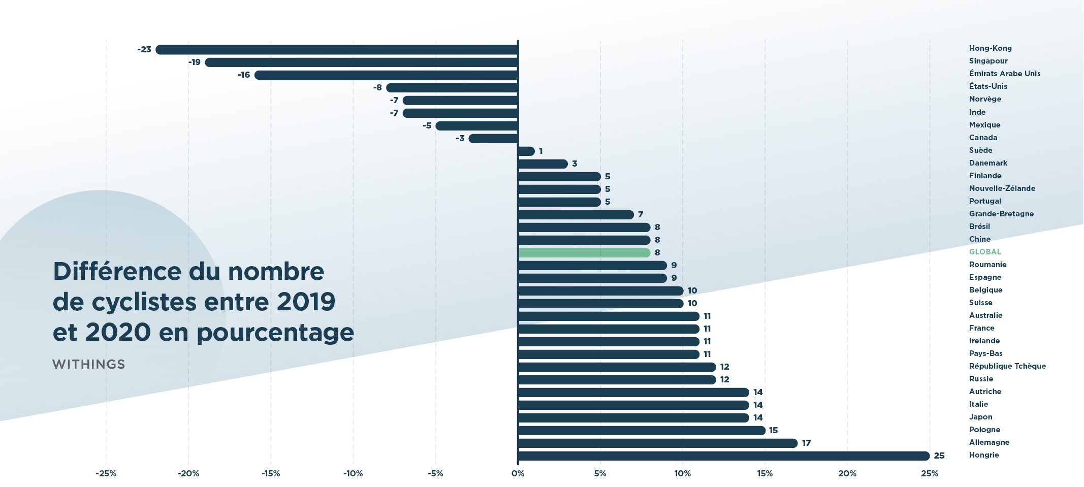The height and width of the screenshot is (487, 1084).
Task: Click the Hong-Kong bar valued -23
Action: [x=337, y=50]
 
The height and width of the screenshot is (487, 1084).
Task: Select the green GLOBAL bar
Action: [x=584, y=253]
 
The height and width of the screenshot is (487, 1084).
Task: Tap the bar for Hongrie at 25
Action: [x=724, y=456]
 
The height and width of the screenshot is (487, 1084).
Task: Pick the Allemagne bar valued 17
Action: [x=658, y=443]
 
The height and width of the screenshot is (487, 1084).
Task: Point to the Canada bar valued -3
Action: [x=493, y=139]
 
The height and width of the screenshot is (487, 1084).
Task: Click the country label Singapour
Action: [x=988, y=61]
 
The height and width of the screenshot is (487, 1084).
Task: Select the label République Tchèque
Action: [x=1007, y=366]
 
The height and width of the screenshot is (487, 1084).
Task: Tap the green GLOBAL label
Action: [x=985, y=252]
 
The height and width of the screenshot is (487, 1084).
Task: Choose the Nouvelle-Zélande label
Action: [x=1002, y=188]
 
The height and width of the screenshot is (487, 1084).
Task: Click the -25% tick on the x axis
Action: [x=106, y=474]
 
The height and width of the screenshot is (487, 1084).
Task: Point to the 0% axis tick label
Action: [x=518, y=474]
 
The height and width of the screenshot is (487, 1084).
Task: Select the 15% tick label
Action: [x=764, y=474]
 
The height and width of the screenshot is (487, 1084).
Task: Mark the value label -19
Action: [x=195, y=62]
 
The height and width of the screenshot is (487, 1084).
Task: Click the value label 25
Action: [x=939, y=456]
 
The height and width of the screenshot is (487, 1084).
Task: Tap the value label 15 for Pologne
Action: [x=773, y=431]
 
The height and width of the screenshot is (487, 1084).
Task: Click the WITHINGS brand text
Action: [x=88, y=365]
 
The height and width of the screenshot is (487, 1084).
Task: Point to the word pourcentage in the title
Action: [x=275, y=334]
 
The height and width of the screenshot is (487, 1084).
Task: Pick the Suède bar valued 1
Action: [x=526, y=151]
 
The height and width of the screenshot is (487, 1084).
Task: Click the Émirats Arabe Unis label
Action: [x=1004, y=74]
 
